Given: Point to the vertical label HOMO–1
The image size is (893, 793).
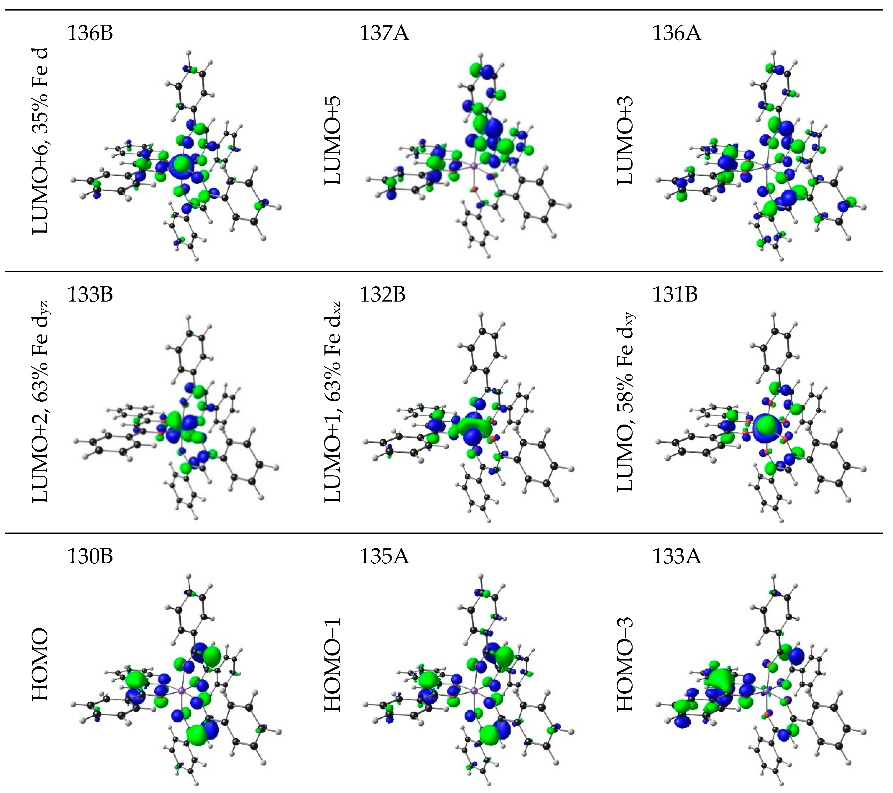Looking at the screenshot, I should [333, 664].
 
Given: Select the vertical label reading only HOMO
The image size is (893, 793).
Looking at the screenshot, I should [40, 664].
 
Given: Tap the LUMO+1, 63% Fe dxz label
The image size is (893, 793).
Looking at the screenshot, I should [333, 402].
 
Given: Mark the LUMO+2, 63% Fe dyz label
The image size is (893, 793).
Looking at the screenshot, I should [40, 402].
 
